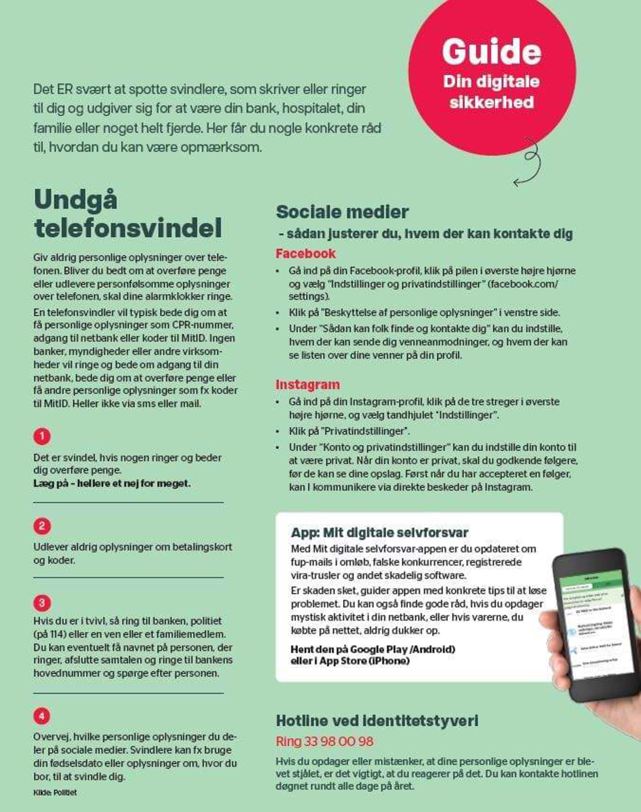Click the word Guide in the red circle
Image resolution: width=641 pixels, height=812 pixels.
pos(491,52)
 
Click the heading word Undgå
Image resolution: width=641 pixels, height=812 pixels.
pos(76,200)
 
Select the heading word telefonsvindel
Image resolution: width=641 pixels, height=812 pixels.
pos(128,228)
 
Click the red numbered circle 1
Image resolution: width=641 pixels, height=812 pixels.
pos(42,436)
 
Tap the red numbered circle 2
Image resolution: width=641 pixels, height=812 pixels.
pos(42,526)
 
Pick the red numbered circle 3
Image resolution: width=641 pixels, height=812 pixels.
pos(42,602)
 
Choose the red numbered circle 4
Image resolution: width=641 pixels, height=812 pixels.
pos(42,716)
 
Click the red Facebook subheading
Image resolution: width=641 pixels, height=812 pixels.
pos(306,253)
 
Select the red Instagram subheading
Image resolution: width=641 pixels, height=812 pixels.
pos(307,385)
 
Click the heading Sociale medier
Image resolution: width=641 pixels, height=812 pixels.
pos(342,212)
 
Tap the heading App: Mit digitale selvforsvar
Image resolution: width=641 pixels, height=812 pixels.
pos(379,532)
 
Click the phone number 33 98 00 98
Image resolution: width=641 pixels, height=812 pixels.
pos(339,742)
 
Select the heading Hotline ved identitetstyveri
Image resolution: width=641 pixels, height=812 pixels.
pos(377,721)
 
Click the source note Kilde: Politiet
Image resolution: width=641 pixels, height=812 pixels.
pos(55,793)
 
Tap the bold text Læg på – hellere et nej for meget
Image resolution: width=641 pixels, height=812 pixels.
pos(112,483)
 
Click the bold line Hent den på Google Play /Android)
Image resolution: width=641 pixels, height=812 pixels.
pos(373,649)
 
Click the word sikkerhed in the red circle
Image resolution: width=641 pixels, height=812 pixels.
pos(491,102)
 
